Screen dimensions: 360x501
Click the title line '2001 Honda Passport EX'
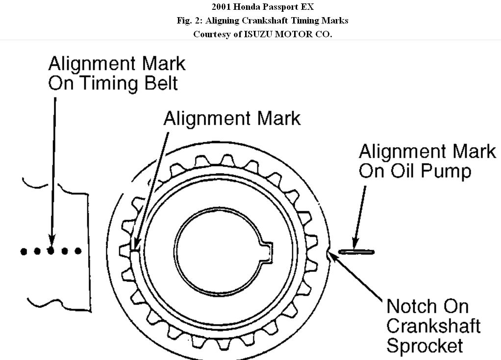pyautogui.click(x=262, y=7)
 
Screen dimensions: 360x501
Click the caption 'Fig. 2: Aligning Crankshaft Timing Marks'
pyautogui.click(x=262, y=21)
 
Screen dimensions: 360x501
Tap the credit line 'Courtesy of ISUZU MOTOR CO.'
pyautogui.click(x=262, y=34)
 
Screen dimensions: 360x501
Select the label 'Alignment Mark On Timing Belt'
pyautogui.click(x=117, y=73)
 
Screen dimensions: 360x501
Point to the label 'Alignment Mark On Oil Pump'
pyautogui.click(x=427, y=161)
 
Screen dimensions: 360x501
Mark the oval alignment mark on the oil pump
pyautogui.click(x=356, y=252)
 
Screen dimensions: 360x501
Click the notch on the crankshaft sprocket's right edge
pyautogui.click(x=328, y=253)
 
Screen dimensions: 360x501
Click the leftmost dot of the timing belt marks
pyautogui.click(x=24, y=251)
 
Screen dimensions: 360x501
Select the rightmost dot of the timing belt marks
pyautogui.click(x=77, y=251)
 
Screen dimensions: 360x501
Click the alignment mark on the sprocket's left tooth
pyautogui.click(x=135, y=249)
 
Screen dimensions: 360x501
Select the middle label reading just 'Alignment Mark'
pyautogui.click(x=231, y=118)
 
